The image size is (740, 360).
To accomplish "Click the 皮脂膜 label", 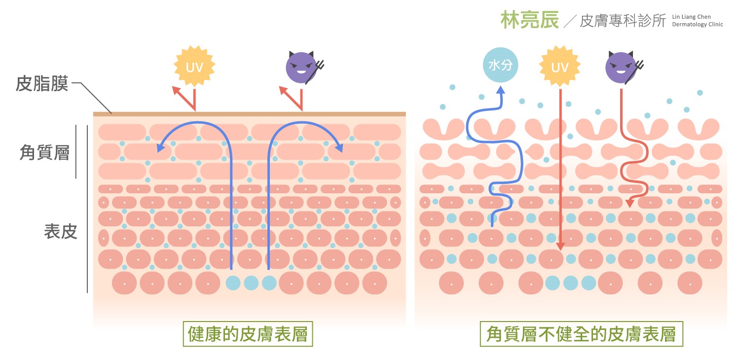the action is click(42, 83).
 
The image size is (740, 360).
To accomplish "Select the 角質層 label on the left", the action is click(44, 152).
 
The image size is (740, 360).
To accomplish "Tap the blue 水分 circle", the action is click(500, 65).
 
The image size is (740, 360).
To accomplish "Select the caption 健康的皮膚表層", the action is click(248, 335).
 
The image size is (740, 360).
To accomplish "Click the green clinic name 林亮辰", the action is click(529, 20).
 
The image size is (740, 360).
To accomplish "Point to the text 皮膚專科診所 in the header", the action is click(623, 21).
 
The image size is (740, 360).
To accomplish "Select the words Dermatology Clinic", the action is click(697, 24).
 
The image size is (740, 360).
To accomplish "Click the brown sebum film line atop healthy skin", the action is click(249, 114).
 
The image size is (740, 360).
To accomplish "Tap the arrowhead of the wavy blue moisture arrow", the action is click(501, 90).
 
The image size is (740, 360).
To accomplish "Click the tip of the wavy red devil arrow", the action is click(630, 203).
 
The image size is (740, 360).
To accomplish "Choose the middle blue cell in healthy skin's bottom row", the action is click(251, 283).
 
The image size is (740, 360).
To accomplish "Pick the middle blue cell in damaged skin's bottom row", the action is click(570, 283).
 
